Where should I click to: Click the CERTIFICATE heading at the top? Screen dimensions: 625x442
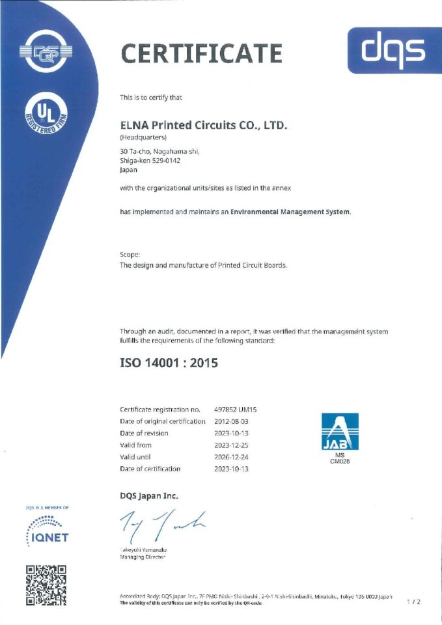pos(202,53)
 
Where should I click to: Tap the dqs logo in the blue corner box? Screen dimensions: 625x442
pos(394,50)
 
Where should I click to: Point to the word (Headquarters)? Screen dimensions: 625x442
pos(143,138)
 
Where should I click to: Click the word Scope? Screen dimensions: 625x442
pos(130,255)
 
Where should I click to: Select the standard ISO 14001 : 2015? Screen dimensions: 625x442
pos(169,363)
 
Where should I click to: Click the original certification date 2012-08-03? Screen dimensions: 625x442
pos(232,421)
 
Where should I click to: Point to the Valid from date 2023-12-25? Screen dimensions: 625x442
pos(232,445)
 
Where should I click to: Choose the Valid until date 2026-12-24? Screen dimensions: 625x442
pos(232,457)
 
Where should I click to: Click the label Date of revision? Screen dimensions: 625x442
pos(144,433)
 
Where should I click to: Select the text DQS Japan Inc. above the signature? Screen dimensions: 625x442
pos(148,496)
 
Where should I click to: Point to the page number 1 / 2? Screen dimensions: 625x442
pos(414,602)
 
